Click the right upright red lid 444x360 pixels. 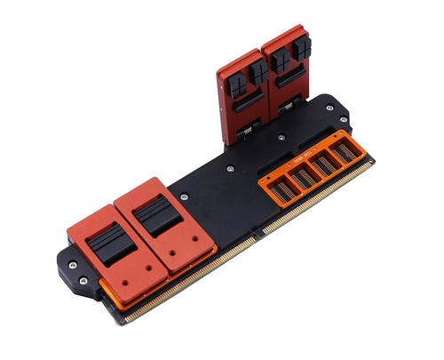(x=286, y=76)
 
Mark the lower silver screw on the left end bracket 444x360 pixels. (x=84, y=282)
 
